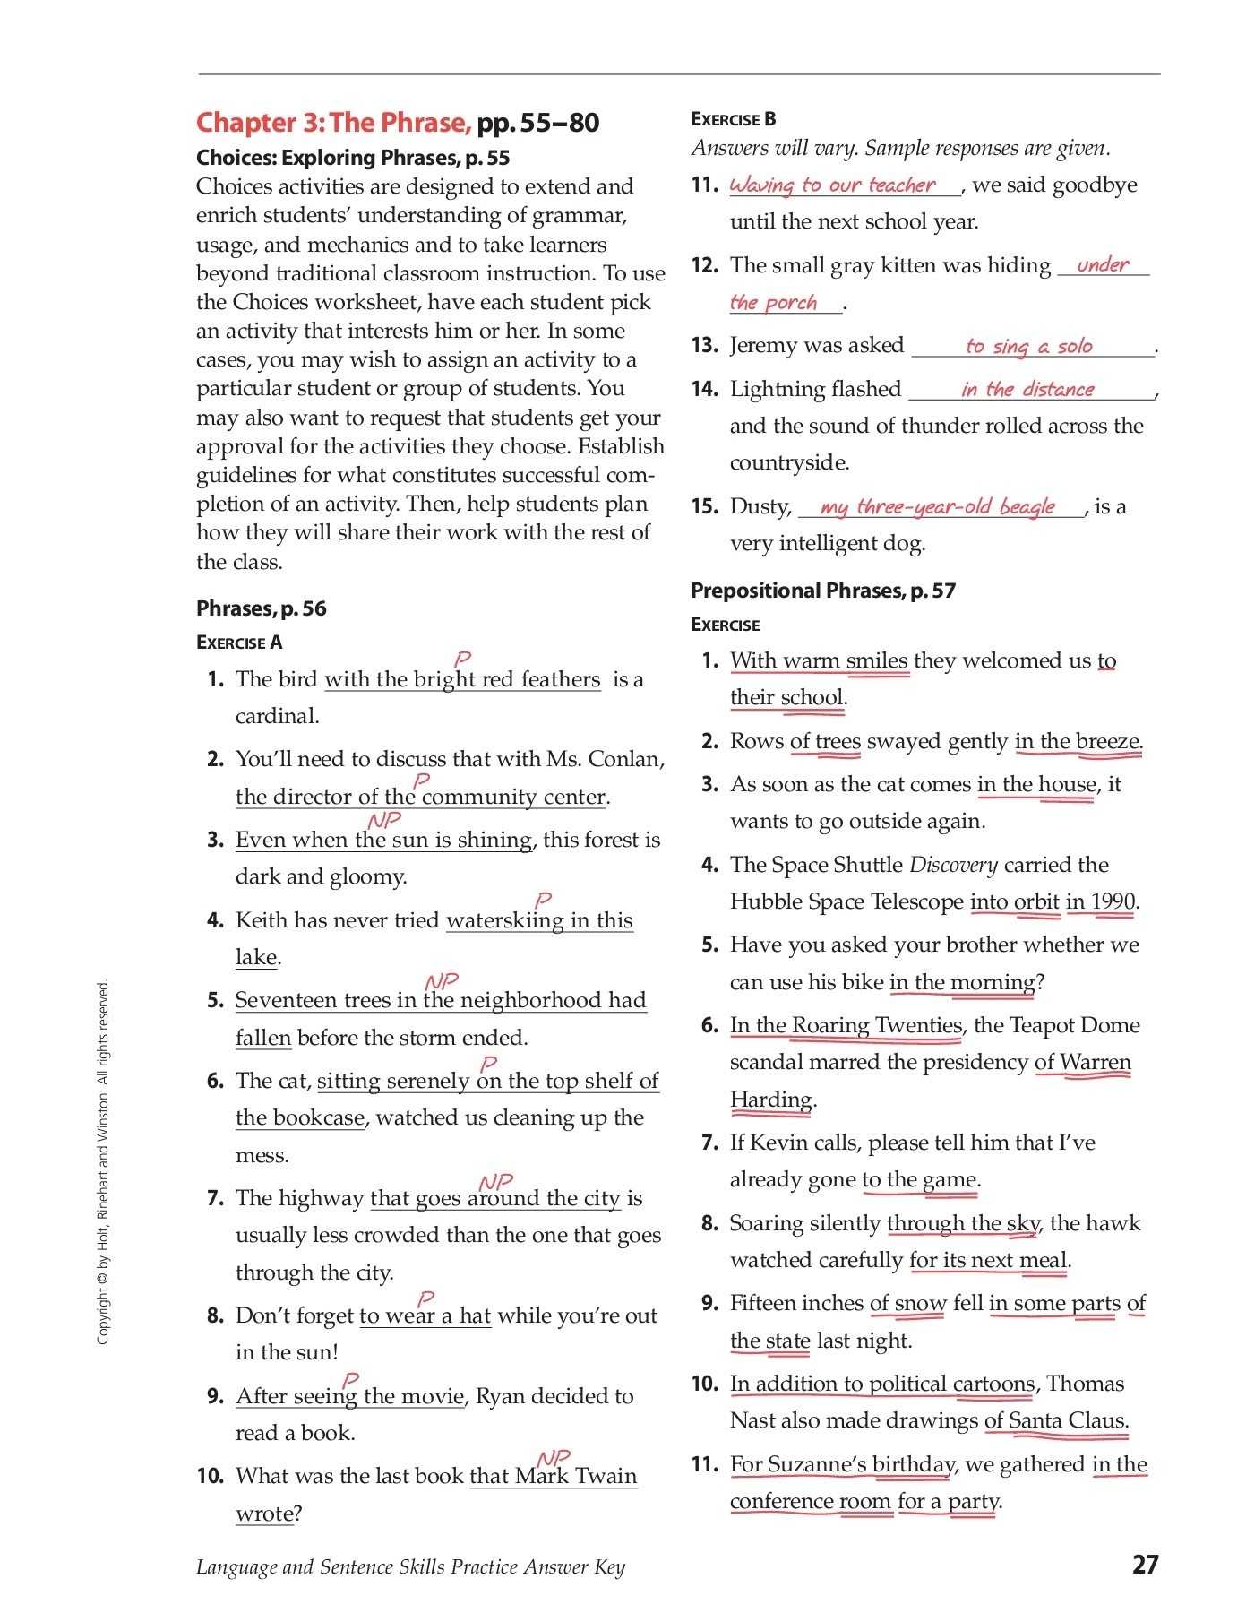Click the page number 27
click(1145, 1565)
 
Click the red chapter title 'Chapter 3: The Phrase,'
click(333, 123)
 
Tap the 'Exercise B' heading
click(734, 119)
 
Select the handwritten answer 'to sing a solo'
click(1029, 347)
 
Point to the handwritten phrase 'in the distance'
click(1027, 390)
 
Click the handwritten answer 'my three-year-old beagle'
click(938, 507)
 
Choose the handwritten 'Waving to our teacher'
click(832, 185)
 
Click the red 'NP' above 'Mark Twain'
click(553, 1459)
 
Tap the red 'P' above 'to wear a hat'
click(426, 1298)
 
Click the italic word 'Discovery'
click(953, 865)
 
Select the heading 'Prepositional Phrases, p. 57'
click(822, 591)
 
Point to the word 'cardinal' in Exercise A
click(276, 716)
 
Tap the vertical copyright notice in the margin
click(103, 1162)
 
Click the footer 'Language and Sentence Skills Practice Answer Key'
click(410, 1566)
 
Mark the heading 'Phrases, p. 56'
click(262, 608)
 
